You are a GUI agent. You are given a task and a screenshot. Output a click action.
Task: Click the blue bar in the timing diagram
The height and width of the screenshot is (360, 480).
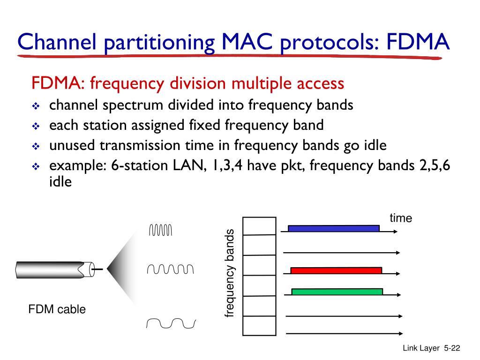pyautogui.click(x=333, y=228)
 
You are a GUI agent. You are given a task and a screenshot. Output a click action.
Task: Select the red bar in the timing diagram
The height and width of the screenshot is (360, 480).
pyautogui.click(x=336, y=270)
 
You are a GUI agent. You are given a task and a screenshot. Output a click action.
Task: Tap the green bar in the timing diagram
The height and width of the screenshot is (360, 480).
pyautogui.click(x=337, y=292)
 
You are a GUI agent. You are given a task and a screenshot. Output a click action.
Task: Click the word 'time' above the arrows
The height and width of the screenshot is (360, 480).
pyautogui.click(x=400, y=218)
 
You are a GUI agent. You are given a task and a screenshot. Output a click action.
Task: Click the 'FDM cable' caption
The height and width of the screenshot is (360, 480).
pyautogui.click(x=57, y=309)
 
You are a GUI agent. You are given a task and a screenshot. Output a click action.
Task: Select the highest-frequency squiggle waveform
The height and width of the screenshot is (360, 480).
pyautogui.click(x=161, y=230)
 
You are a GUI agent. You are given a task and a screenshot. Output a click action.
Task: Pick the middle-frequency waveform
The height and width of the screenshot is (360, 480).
pyautogui.click(x=170, y=269)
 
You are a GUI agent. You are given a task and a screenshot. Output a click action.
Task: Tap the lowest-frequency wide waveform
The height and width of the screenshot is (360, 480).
pyautogui.click(x=171, y=323)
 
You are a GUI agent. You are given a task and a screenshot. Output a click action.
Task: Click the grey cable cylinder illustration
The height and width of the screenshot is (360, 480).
pyautogui.click(x=52, y=269)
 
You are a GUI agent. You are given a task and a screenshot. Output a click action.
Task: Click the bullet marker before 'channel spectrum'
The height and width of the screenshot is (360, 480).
pyautogui.click(x=36, y=106)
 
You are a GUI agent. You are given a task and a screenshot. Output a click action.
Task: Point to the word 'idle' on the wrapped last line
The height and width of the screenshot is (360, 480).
pyautogui.click(x=60, y=181)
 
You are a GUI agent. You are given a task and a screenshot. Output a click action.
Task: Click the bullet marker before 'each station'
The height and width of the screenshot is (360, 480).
pyautogui.click(x=36, y=127)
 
